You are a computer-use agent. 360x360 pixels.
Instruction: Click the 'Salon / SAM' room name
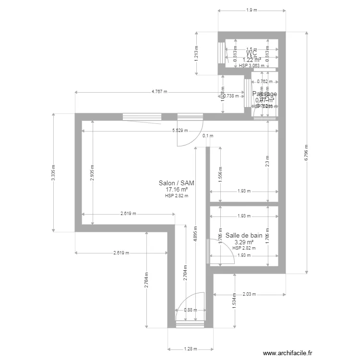[x=176, y=183]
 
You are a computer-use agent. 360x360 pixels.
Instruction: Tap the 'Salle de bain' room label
[x=244, y=235]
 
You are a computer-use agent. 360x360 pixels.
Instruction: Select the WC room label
[x=252, y=53]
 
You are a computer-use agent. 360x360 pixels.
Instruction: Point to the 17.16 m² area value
[x=176, y=190]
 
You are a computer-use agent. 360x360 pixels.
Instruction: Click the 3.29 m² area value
[x=244, y=242]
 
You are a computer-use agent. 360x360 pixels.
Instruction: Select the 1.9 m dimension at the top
[x=252, y=10]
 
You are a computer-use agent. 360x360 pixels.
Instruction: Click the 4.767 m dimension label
[x=160, y=92]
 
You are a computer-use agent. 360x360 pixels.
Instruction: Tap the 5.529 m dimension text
[x=180, y=131]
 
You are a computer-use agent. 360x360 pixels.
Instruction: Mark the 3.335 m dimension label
[x=53, y=172]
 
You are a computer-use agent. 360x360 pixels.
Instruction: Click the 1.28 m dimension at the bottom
[x=191, y=349]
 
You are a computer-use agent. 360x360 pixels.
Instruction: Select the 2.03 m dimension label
[x=249, y=294]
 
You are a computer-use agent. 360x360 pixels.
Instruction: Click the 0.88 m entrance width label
[x=191, y=310]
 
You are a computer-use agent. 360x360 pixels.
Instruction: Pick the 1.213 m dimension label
[x=197, y=53]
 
